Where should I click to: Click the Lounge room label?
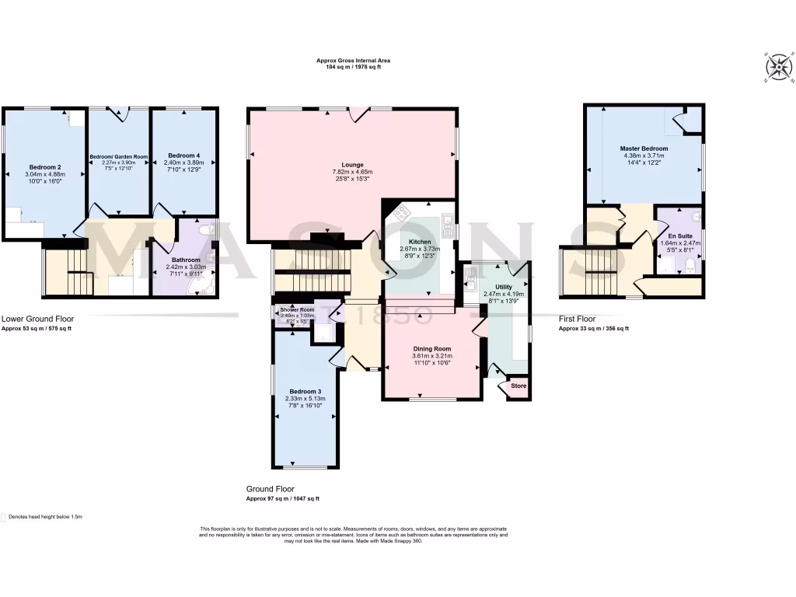[352, 165]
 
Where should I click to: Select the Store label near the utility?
[518, 386]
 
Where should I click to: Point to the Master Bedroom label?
[643, 148]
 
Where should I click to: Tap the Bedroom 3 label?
[305, 391]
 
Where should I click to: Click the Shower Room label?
[296, 309]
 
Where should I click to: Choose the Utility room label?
[504, 287]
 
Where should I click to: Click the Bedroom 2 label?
[45, 167]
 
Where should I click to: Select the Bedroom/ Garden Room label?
[118, 156]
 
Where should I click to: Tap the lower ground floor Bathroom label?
[187, 260]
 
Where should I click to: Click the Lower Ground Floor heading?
[37, 318]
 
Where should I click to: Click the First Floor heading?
[576, 319]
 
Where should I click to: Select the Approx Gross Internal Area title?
[353, 60]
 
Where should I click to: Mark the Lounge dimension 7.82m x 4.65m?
[352, 172]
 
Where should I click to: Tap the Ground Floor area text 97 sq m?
[283, 498]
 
